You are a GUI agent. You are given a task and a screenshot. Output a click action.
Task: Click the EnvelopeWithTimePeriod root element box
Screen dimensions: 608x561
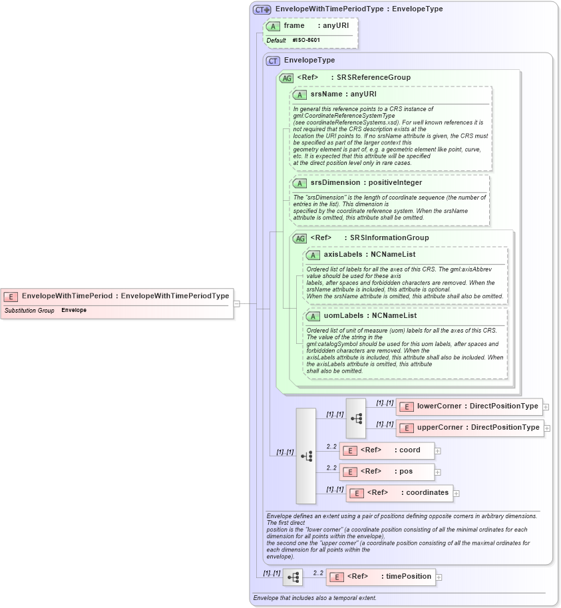[x=117, y=296]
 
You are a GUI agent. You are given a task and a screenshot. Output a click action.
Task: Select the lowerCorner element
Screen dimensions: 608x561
[x=469, y=406]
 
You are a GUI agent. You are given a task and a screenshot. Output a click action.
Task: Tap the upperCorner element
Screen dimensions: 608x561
[x=469, y=428]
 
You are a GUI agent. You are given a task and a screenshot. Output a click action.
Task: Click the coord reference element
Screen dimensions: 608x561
[x=387, y=450]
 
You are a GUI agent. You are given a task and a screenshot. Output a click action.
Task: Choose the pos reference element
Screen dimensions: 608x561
[x=387, y=472]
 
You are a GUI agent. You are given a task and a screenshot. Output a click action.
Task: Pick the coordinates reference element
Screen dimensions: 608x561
[x=399, y=493]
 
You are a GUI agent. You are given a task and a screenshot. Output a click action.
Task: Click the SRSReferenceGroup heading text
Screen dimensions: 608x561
[x=373, y=78]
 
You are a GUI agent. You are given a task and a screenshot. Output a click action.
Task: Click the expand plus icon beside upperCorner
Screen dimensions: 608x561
[x=546, y=428]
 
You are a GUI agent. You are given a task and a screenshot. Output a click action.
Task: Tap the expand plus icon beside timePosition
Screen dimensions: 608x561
[x=439, y=577]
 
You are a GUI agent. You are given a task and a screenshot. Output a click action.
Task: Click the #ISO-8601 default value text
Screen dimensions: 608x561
[x=306, y=41]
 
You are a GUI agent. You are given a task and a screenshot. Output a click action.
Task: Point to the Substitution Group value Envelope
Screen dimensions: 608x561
[x=74, y=311]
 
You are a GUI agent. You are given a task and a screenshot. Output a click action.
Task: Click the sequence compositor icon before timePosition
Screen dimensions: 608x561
[x=292, y=577]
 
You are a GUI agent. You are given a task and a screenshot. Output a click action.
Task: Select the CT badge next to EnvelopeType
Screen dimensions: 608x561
[x=272, y=61]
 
